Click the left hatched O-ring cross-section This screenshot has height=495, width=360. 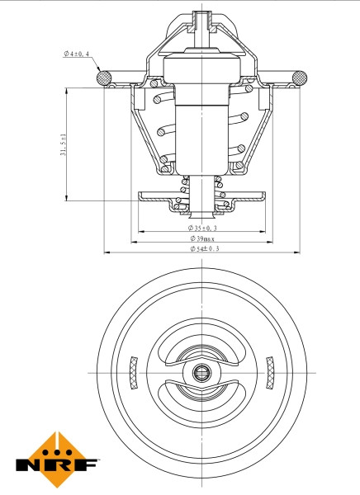pyautogui.click(x=105, y=78)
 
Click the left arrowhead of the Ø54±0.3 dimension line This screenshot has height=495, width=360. pyautogui.click(x=107, y=252)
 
